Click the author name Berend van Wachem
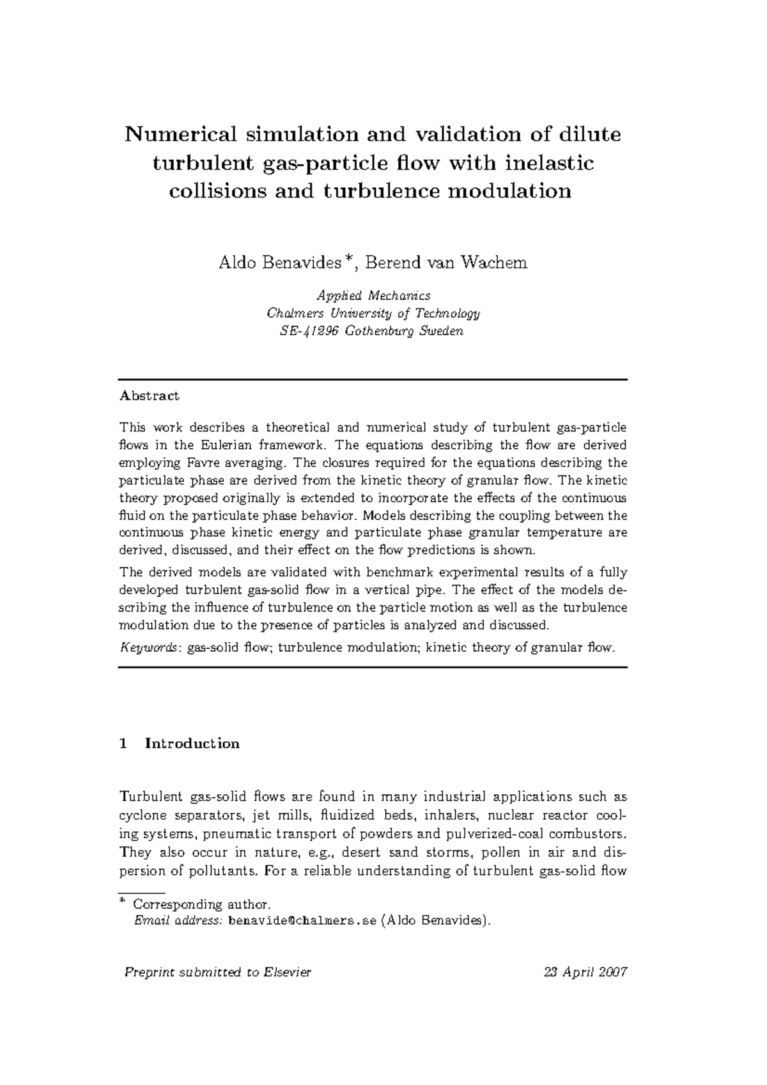(445, 263)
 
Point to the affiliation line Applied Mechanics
(374, 295)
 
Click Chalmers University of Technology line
(374, 313)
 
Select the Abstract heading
(150, 396)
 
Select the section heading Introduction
(192, 743)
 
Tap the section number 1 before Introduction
(123, 743)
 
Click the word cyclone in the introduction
(141, 816)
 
